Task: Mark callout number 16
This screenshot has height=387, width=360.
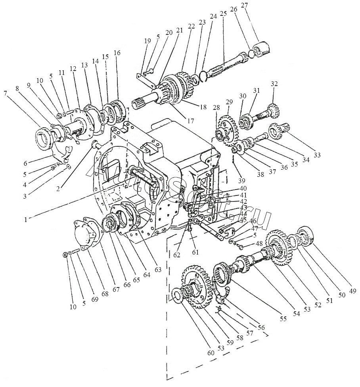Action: click(117, 53)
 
